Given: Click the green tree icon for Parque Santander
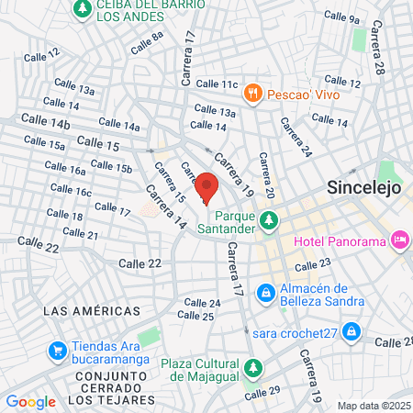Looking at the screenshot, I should [x=269, y=220].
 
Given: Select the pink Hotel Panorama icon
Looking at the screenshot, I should [x=400, y=240].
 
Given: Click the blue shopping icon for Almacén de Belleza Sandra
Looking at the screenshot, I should [x=265, y=293].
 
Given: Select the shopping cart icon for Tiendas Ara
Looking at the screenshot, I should [x=57, y=350].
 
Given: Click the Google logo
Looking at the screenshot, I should [x=30, y=401].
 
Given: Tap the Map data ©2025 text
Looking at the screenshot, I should [x=373, y=405].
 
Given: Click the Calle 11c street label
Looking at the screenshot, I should [x=217, y=84].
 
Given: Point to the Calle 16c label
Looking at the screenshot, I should [x=71, y=190].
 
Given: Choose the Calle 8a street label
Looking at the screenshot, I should [x=147, y=42].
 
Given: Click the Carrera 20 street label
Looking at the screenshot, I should [x=267, y=174].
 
